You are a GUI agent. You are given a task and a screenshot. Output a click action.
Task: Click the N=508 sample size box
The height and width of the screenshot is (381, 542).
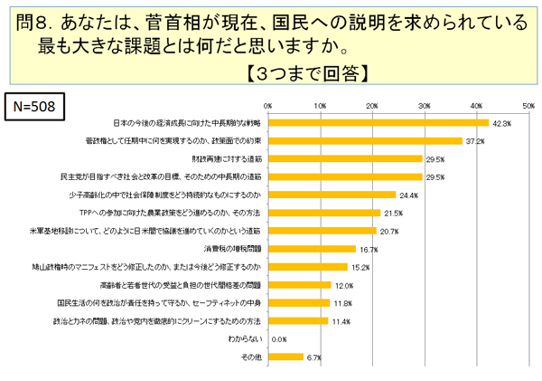coord(34,105)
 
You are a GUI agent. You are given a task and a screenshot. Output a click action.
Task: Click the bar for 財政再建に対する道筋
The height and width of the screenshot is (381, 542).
coord(345,158)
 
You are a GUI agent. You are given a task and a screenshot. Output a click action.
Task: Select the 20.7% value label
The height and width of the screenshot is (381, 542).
coord(389,232)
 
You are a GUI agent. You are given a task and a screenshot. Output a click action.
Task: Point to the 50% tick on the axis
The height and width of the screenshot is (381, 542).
coord(528,105)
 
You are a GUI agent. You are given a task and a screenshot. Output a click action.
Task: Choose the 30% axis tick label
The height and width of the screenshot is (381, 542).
coord(424,105)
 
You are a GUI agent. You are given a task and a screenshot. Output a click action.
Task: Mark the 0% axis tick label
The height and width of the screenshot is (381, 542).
coord(267,105)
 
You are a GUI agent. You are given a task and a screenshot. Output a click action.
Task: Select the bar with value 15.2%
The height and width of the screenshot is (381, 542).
coord(307,267)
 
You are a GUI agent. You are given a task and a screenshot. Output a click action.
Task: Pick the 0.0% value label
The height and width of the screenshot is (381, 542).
coord(278,339)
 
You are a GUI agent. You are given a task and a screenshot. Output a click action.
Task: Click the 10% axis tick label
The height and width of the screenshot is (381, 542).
coord(320,105)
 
